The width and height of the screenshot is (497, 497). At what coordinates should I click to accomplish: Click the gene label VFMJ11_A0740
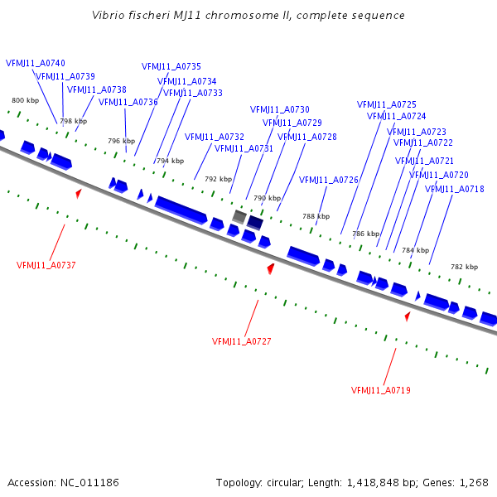(x=36, y=63)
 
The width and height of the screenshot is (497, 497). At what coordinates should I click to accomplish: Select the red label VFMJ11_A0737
(x=46, y=265)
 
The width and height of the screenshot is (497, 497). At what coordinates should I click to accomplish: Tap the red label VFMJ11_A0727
(x=242, y=341)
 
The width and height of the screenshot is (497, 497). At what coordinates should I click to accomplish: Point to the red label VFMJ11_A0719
(x=381, y=390)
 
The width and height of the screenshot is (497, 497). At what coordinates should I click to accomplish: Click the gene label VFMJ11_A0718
(x=455, y=189)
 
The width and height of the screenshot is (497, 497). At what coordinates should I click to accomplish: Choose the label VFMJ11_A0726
(x=329, y=180)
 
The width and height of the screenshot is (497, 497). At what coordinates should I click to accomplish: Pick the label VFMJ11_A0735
(x=171, y=66)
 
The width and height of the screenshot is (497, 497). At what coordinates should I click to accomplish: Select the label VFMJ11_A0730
(x=280, y=109)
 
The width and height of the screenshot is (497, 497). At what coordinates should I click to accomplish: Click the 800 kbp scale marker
(x=25, y=100)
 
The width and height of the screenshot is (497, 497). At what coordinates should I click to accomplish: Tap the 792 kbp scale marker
(x=218, y=179)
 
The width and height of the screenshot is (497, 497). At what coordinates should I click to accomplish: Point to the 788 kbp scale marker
(x=316, y=216)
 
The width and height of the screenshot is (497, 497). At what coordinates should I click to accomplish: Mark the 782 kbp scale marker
(x=464, y=267)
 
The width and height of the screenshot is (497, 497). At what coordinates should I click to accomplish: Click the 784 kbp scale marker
(x=415, y=250)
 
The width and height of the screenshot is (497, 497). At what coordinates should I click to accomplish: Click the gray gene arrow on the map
(x=239, y=217)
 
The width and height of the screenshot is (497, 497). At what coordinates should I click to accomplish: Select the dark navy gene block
(x=255, y=223)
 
